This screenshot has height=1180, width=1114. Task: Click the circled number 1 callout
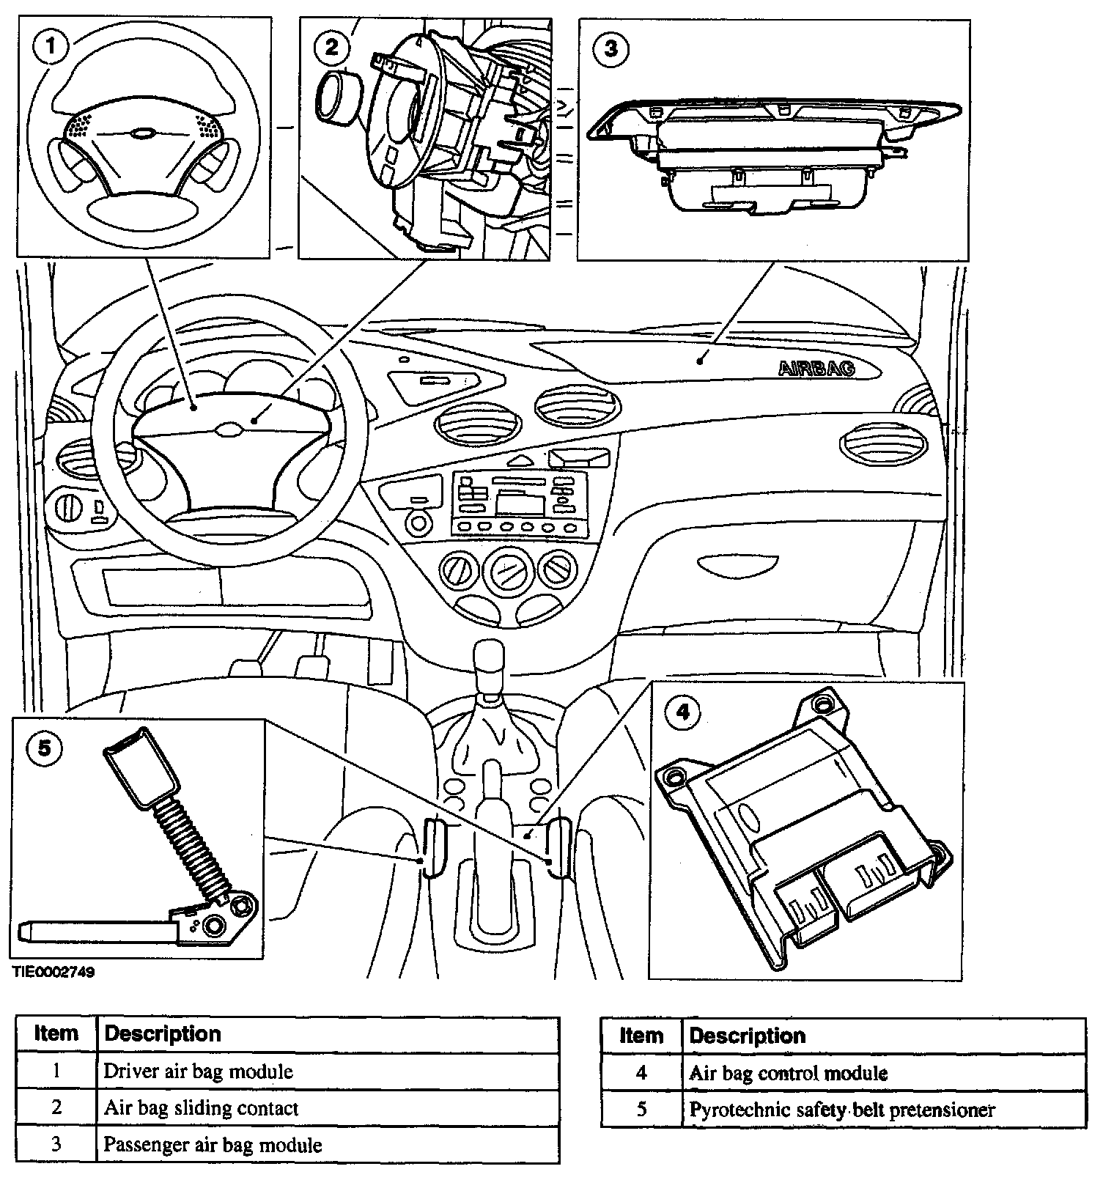pyautogui.click(x=50, y=47)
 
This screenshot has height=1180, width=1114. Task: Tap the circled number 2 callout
pyautogui.click(x=331, y=47)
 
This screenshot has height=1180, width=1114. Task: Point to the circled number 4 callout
pyautogui.click(x=682, y=712)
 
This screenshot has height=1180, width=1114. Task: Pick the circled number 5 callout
pyautogui.click(x=44, y=748)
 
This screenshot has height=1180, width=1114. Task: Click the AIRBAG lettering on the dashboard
pyautogui.click(x=816, y=368)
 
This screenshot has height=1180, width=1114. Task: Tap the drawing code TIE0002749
pyautogui.click(x=52, y=973)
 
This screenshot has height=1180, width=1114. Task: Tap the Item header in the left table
pyautogui.click(x=56, y=1033)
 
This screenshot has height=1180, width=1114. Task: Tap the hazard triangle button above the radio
pyautogui.click(x=522, y=460)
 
